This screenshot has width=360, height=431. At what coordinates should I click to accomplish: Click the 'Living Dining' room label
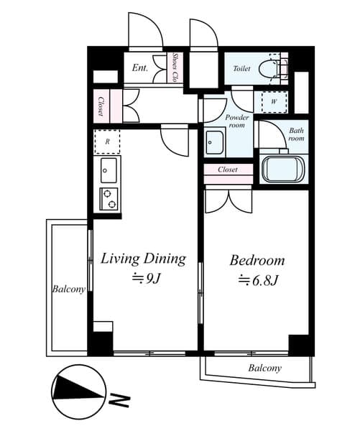coord(143,259)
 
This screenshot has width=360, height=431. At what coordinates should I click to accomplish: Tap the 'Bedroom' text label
coord(257,260)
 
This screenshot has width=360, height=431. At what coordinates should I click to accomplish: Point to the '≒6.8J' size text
coord(257,280)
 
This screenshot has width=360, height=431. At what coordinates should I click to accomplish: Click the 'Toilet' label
coord(242,70)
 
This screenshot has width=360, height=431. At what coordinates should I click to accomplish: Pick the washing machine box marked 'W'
coord(275,101)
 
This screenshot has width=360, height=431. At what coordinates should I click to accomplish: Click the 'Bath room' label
coord(296,134)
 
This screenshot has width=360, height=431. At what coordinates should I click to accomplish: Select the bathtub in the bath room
coord(282,170)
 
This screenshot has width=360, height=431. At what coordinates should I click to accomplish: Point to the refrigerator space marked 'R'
coord(106,142)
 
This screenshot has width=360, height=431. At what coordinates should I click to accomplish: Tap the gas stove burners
coord(109,198)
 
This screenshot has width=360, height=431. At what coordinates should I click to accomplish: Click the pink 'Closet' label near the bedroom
coord(228,170)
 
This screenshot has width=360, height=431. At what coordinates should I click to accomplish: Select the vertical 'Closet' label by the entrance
coord(101,106)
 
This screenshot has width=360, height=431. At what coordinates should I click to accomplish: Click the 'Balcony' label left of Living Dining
coord(69,289)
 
